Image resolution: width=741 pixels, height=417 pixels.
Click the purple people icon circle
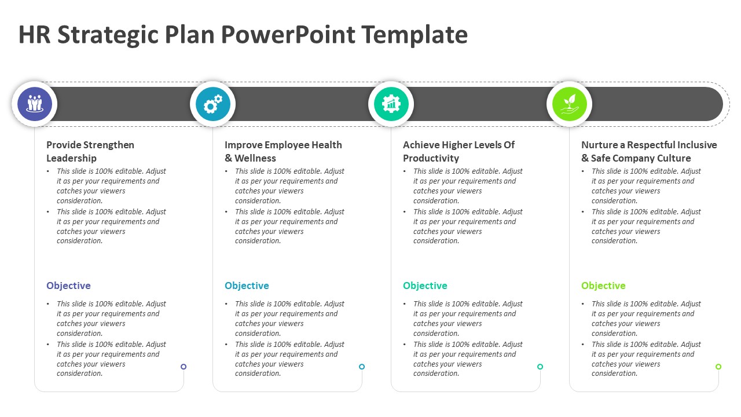35,104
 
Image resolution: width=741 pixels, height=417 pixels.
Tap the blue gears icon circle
212,104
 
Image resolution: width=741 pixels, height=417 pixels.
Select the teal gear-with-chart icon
391,104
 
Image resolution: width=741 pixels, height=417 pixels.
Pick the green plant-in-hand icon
569,104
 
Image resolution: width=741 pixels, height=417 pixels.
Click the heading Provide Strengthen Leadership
90,151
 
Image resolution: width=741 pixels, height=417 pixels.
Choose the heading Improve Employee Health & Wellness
283,151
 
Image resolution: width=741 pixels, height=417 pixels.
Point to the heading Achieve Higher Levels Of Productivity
458,151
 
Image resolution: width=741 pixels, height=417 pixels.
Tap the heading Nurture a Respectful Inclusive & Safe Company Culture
649,151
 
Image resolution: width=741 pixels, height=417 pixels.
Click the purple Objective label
68,286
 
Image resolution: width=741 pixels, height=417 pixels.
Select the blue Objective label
247,286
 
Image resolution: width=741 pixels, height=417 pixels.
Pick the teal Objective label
425,286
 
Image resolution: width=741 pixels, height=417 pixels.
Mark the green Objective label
603,286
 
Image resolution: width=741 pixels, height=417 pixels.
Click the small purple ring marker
184,367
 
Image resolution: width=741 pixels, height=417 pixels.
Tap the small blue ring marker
362,367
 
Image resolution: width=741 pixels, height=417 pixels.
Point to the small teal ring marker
540,367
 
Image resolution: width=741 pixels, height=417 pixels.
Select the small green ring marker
718,367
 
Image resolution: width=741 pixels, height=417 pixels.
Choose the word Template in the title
414,35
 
